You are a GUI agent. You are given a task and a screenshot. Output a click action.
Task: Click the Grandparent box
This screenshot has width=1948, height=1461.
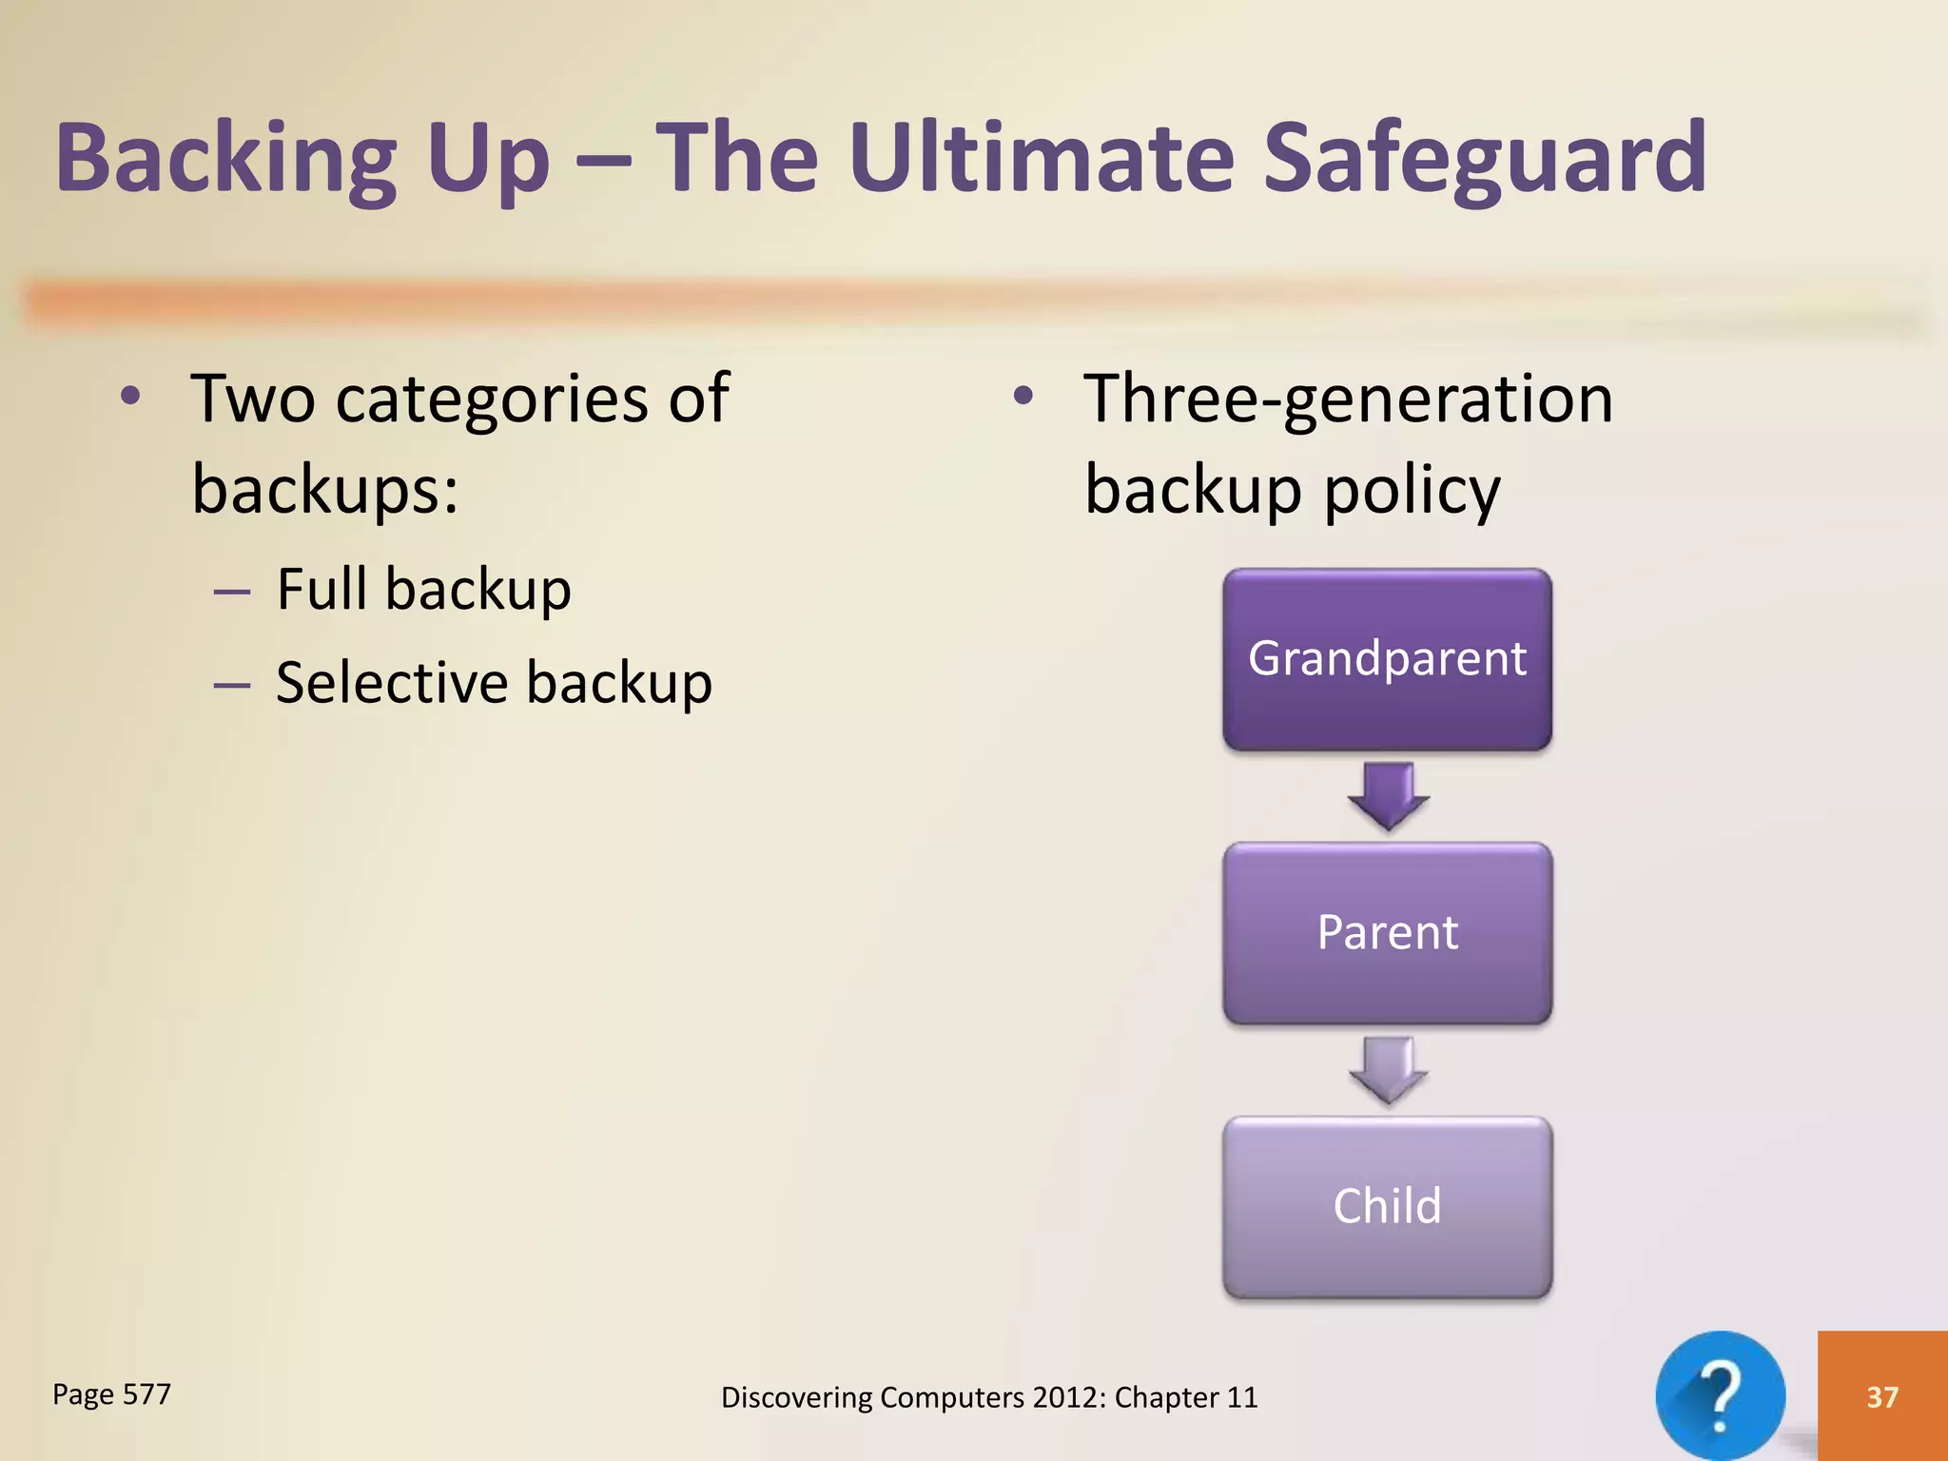(1387, 659)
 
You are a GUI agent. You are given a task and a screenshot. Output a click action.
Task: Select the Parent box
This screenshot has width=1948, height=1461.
(1387, 932)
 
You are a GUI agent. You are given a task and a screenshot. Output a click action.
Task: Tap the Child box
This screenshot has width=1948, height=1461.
(1387, 1206)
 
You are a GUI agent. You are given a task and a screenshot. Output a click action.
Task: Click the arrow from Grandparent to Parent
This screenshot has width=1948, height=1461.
(1388, 795)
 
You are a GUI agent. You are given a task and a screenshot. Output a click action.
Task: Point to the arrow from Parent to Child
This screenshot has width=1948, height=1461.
(1388, 1069)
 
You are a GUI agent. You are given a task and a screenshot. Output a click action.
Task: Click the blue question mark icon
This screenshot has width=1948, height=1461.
(1720, 1395)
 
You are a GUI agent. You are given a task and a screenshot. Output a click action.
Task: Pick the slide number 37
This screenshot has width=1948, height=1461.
(1881, 1396)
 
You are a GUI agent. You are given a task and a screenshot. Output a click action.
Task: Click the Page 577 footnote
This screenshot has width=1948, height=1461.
(111, 1394)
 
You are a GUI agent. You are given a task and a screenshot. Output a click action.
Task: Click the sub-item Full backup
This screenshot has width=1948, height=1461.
(423, 589)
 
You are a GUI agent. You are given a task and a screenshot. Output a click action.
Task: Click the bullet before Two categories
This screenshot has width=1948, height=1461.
(131, 396)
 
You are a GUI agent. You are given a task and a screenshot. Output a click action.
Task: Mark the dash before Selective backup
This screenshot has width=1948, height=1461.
(231, 684)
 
